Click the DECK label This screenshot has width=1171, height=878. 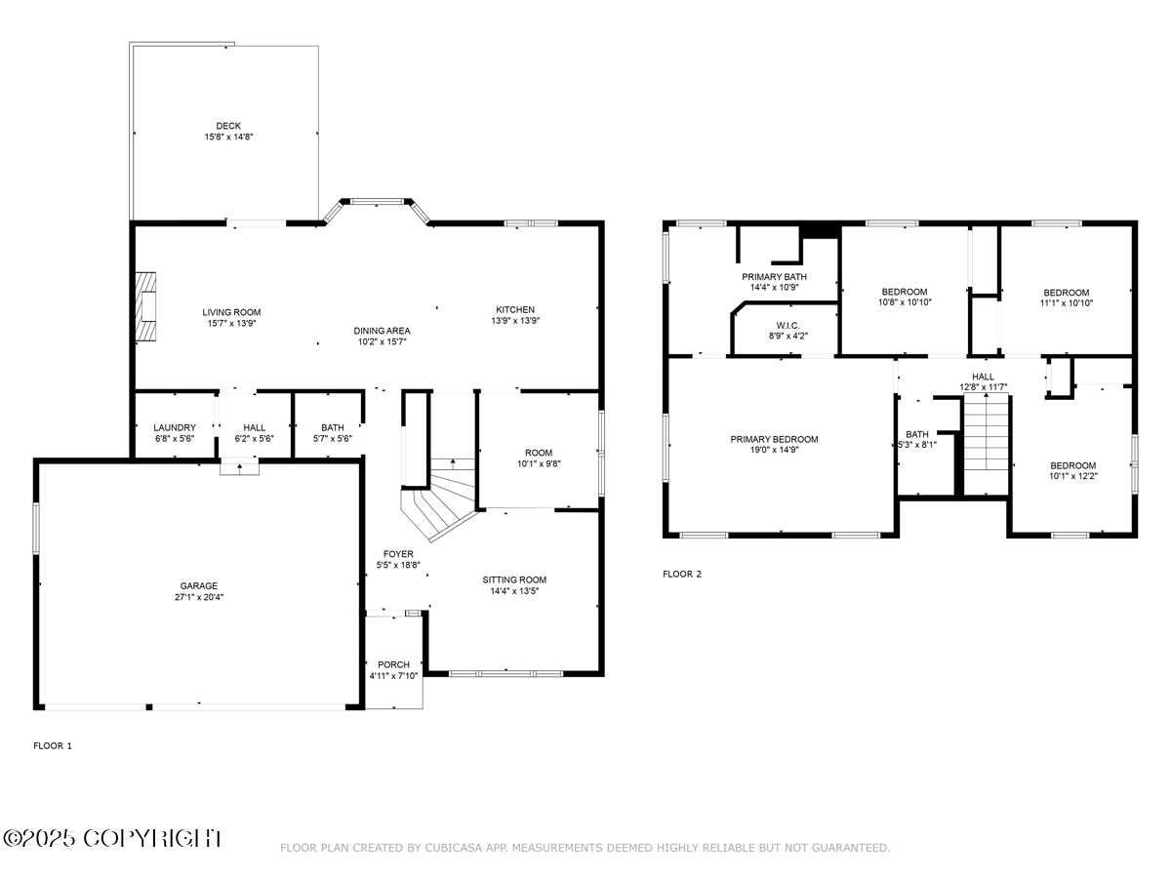(228, 126)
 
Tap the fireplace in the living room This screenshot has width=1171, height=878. (145, 306)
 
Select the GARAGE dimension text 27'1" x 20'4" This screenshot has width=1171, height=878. (198, 597)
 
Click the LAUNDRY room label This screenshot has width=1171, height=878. (175, 427)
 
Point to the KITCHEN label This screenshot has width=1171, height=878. (516, 309)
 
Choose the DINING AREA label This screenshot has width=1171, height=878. (382, 331)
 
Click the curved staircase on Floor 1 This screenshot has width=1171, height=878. (441, 498)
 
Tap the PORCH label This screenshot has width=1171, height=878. (393, 664)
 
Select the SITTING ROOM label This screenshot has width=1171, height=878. (514, 579)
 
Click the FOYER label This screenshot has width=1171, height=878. (397, 554)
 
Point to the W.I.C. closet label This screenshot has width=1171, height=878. (788, 325)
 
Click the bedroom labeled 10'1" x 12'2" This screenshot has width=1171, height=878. (1072, 471)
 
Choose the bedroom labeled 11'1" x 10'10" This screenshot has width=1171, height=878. (1067, 298)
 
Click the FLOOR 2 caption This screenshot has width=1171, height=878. (682, 574)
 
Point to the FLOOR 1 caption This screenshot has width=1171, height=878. (53, 745)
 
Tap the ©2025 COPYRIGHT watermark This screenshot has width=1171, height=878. (113, 838)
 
